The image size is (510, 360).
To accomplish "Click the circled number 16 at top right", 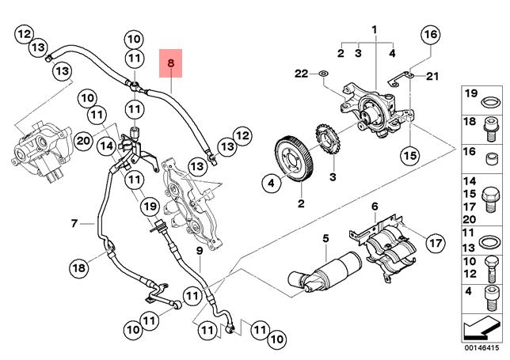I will pyautogui.click(x=428, y=35).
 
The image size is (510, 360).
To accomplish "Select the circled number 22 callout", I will pyautogui.click(x=300, y=74).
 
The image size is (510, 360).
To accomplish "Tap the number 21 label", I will pyautogui.click(x=431, y=76).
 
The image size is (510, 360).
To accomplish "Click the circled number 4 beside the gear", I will pyautogui.click(x=270, y=184).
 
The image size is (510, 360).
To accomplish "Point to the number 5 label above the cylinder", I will pyautogui.click(x=325, y=239).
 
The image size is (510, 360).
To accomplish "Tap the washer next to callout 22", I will pyautogui.click(x=323, y=76).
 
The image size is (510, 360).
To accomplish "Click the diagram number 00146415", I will pyautogui.click(x=481, y=347).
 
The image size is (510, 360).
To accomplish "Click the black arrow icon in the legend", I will pyautogui.click(x=481, y=327).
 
